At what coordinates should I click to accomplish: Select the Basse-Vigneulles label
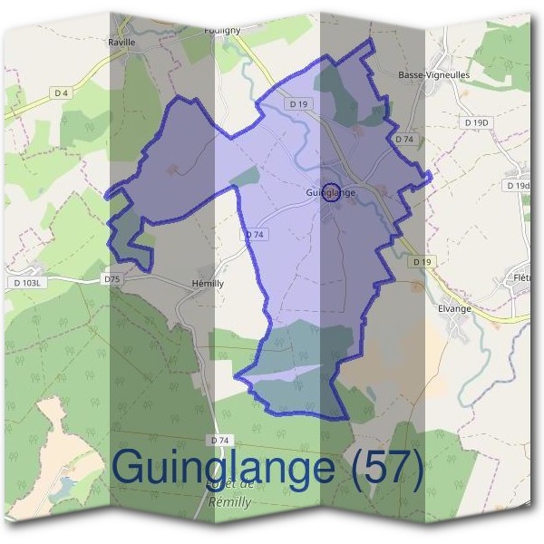tap(434, 75)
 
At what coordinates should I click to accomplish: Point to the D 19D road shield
tap(475, 121)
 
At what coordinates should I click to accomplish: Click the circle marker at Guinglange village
tap(332, 192)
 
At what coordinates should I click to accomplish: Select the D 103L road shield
tap(29, 283)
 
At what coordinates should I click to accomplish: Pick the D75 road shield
tap(112, 279)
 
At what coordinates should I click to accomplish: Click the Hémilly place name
tap(208, 283)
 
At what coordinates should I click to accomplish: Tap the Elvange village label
tap(454, 308)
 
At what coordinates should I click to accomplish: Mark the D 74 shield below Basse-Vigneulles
tap(404, 140)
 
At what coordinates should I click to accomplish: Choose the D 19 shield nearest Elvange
tap(418, 261)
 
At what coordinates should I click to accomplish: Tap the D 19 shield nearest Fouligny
tap(300, 104)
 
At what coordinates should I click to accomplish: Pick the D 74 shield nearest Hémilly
tap(255, 234)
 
